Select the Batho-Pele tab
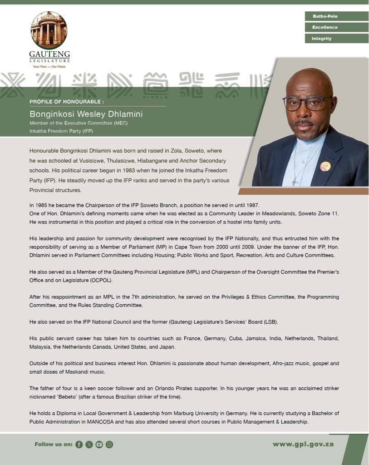tap(336, 16)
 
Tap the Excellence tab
tap(336, 27)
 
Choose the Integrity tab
tap(336, 39)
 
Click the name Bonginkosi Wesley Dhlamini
tap(86, 114)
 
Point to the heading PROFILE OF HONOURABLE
tap(67, 101)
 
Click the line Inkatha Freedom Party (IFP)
tap(61, 131)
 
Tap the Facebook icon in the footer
tap(79, 445)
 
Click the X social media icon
tap(89, 445)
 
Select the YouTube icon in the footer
tap(99, 445)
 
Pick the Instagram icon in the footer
tap(109, 445)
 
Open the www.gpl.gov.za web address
tap(303, 444)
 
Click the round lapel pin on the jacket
tap(325, 167)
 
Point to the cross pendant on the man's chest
tap(295, 182)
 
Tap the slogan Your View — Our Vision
tap(49, 66)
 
